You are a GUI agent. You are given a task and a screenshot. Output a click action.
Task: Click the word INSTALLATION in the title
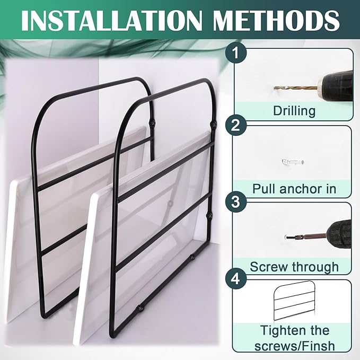coord(111,20)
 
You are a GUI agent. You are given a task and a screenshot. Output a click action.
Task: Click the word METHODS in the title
coord(276,20)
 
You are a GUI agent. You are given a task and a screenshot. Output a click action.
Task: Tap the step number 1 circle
coord(236,52)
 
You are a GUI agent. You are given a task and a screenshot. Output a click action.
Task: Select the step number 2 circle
coord(236,125)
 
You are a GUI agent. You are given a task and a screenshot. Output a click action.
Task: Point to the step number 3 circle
coord(236,203)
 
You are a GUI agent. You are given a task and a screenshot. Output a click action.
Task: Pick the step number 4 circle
coord(236,279)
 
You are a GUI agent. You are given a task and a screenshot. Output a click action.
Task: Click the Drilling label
coord(294,111)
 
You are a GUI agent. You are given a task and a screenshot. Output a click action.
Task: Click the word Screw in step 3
coord(269,267)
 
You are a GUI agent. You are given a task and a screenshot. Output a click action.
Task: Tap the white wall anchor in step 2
coord(293,162)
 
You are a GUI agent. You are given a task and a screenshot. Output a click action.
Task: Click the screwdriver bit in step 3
coord(305,236)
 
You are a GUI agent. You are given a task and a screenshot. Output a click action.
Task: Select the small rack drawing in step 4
coord(295,301)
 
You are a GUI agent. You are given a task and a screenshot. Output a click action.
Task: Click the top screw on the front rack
coord(214,124)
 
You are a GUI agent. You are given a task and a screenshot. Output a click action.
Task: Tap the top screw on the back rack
coord(152,123)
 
